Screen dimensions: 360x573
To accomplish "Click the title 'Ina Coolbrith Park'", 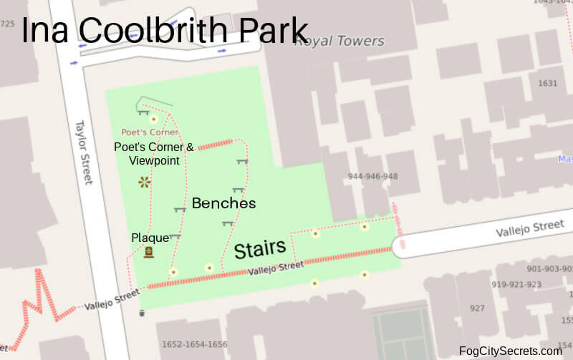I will coord(164,30).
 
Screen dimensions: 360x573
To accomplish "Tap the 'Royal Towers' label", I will coord(340,41).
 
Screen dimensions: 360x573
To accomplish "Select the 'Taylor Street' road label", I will coord(85,151).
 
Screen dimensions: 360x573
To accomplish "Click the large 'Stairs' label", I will coord(260,249).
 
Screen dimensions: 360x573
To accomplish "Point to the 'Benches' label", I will coord(223,203).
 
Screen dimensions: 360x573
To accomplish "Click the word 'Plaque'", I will coord(150,237).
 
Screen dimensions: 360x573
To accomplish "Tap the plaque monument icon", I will coord(149,252).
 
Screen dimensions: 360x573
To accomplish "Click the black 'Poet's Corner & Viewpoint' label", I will coord(154,154).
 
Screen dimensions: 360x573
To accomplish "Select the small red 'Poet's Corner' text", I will coord(150,132).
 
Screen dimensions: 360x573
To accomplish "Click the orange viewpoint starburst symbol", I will coord(145,183).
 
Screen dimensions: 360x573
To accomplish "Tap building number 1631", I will coord(547,83).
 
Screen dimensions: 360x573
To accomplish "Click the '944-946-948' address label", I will coord(372,176).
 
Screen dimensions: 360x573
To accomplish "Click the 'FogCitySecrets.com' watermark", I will coord(511,351).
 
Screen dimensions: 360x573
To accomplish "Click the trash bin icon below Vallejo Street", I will coord(142,313).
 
